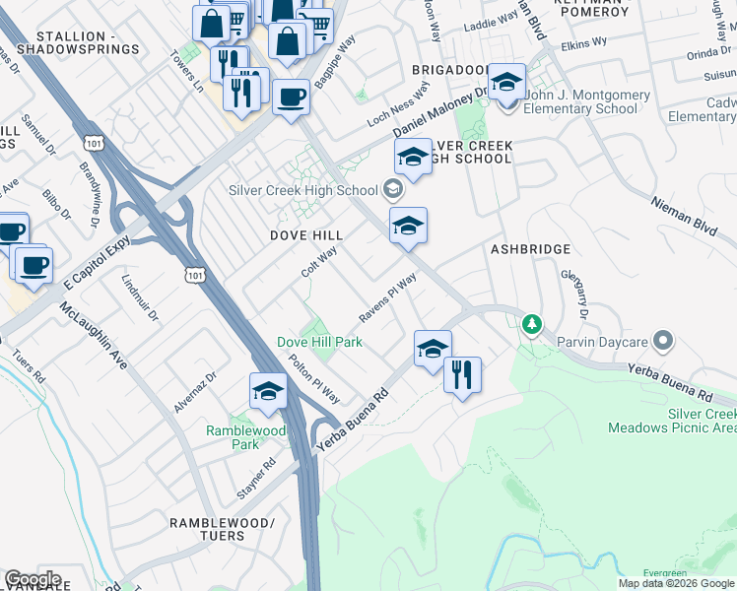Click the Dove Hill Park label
coord(319,342)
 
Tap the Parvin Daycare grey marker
coord(663,342)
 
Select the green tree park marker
coord(532,324)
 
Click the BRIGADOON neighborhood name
coord(450,71)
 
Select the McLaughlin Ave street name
coord(94,336)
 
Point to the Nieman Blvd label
coord(683,214)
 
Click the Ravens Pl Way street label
coord(387,298)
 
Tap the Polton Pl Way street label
coord(315,376)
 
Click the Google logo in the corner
coord(33,579)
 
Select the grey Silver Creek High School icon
coord(393,190)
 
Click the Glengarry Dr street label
coord(573,295)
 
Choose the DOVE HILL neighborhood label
coord(306,235)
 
